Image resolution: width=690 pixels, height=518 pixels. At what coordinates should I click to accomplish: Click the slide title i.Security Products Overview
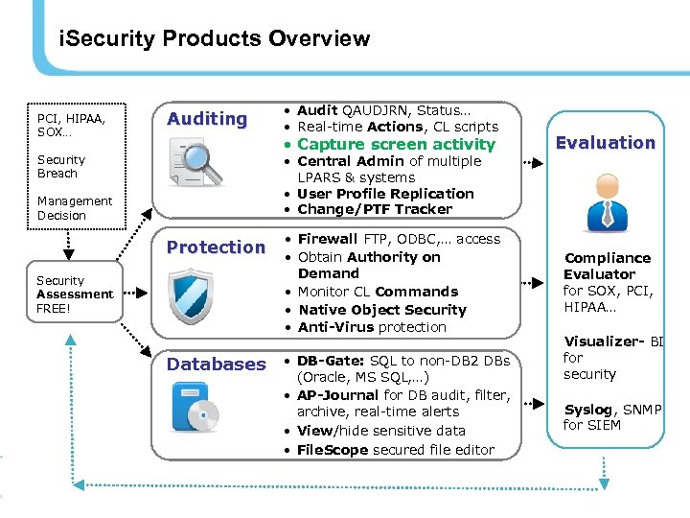(x=214, y=39)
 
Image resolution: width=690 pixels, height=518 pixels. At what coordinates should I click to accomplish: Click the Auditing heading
(x=207, y=119)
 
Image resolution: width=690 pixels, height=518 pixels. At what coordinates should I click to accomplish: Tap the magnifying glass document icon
(x=195, y=161)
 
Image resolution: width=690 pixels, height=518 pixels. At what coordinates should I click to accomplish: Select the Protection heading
(x=216, y=247)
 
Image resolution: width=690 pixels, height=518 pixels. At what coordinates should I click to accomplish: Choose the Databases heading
(x=217, y=364)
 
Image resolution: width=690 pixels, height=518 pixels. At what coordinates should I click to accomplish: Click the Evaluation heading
(x=606, y=143)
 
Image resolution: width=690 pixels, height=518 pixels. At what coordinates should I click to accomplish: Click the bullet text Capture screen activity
(x=396, y=144)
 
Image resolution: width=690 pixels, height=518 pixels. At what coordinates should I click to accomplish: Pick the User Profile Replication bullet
(x=385, y=194)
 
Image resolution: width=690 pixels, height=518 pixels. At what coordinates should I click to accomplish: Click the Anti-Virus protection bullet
(x=372, y=327)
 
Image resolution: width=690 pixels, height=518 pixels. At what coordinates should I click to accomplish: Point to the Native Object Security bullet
(x=381, y=310)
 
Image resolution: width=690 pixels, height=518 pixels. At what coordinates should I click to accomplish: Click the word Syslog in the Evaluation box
(x=587, y=410)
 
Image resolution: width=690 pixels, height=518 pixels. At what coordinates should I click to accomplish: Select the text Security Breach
(x=61, y=167)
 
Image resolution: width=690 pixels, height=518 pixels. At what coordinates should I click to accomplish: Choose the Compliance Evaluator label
(x=607, y=266)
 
